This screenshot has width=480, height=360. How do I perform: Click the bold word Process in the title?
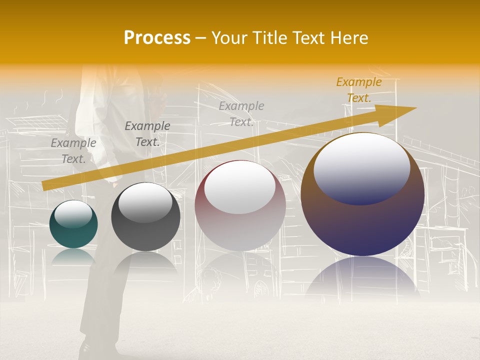tap(157, 38)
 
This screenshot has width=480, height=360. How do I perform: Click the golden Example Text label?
tap(359, 90)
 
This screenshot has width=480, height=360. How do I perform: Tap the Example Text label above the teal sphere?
tap(73, 150)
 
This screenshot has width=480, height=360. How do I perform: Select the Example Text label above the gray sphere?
tap(147, 134)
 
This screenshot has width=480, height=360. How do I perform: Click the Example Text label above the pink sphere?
tap(241, 113)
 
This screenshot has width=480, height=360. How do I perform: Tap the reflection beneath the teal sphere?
tap(73, 256)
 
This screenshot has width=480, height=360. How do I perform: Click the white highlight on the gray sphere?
tap(145, 202)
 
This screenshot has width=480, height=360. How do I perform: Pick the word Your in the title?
tap(228, 38)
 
